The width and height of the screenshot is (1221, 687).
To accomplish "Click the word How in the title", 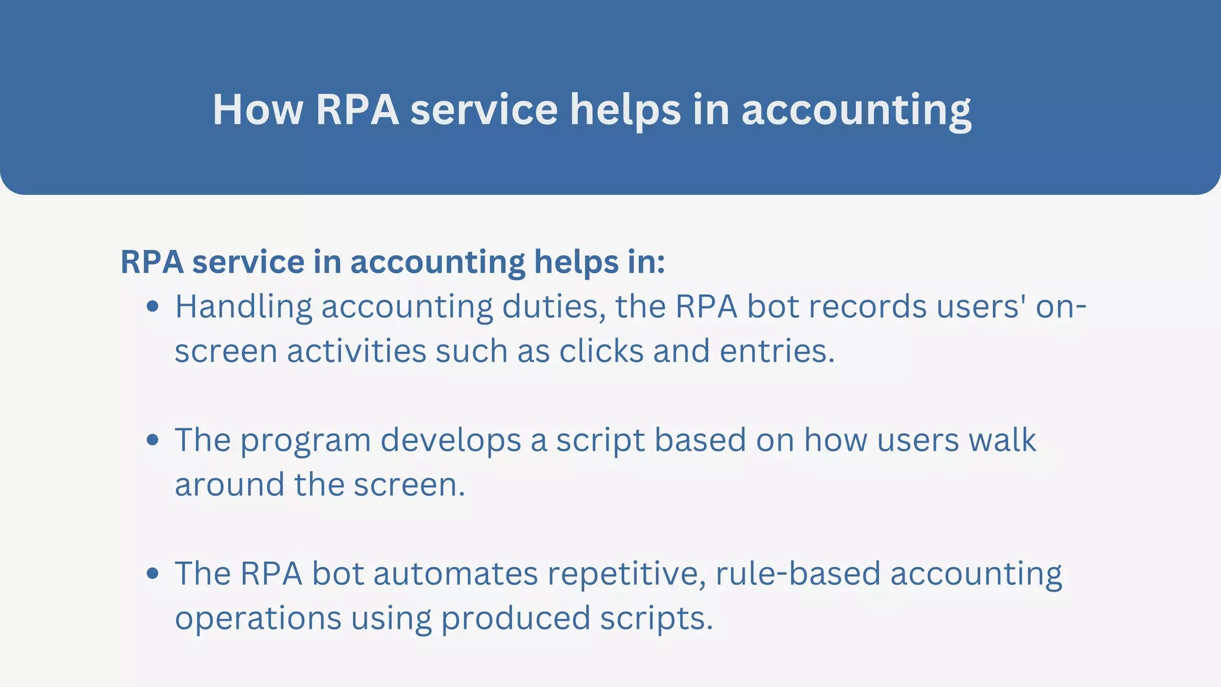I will click(x=258, y=110).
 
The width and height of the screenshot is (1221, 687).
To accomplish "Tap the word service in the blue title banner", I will click(x=484, y=110).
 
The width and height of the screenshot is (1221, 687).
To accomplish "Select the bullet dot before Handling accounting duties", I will click(x=153, y=307).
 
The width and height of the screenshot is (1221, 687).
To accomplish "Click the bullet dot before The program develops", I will click(x=153, y=440).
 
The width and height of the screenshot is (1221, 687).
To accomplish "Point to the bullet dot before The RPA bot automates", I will click(x=153, y=574).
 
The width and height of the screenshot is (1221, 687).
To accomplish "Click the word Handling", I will click(x=243, y=308).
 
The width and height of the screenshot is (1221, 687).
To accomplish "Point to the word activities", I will click(x=357, y=351).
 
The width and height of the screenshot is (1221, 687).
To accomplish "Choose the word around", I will click(x=230, y=484).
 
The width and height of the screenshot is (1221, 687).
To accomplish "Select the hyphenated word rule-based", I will click(x=798, y=574).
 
